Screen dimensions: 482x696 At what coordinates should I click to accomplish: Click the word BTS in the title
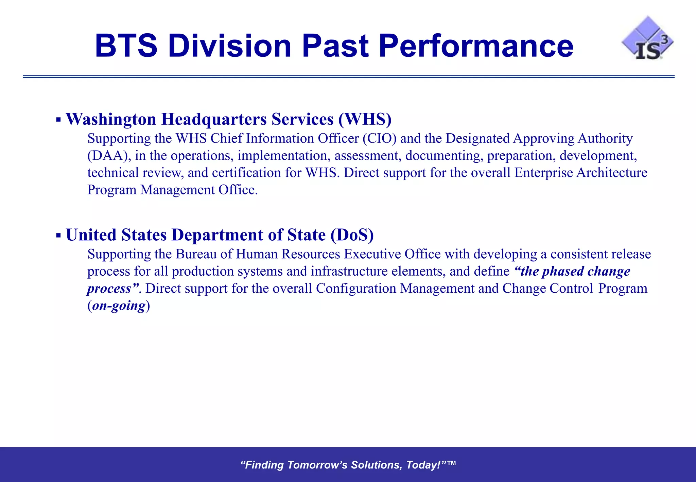coord(126,46)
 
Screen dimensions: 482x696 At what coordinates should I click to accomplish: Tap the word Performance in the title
coord(476,46)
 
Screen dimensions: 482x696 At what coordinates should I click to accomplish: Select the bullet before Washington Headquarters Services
coord(58,120)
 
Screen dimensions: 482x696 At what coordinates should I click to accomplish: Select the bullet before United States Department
coord(58,235)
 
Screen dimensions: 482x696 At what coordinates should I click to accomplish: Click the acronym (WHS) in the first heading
coord(365,119)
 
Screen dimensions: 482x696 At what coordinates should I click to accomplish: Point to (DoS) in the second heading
coord(352,235)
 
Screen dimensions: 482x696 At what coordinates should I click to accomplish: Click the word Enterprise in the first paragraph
coord(543,173)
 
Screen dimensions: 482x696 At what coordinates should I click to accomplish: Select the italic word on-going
coord(119,306)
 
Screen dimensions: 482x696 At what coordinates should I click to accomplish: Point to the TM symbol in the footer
coord(452,463)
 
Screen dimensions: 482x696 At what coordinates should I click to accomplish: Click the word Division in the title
coord(229,46)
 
